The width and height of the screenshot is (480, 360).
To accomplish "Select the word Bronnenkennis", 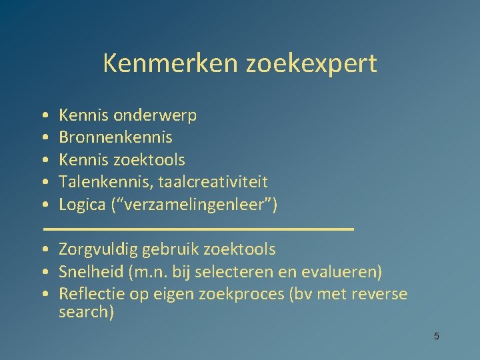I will (x=115, y=137).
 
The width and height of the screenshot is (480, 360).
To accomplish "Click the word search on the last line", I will (x=86, y=312).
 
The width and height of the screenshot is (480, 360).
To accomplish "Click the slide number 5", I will (x=437, y=336).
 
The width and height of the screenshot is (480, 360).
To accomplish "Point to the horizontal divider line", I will (x=198, y=228).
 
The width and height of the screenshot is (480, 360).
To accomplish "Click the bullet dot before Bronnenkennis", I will (x=43, y=138).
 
